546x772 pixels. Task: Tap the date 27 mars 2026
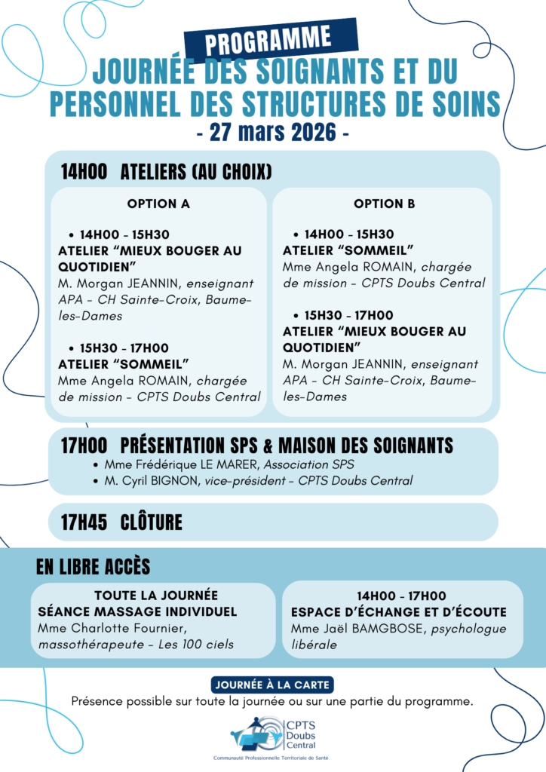tap(272, 133)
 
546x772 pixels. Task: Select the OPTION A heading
tap(158, 204)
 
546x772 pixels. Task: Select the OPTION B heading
tap(385, 204)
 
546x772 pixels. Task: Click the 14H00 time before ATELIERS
tap(84, 172)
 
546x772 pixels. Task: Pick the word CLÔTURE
tap(152, 522)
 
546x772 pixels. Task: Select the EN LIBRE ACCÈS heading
tap(93, 566)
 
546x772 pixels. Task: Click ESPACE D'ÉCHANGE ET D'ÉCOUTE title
tap(398, 612)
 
